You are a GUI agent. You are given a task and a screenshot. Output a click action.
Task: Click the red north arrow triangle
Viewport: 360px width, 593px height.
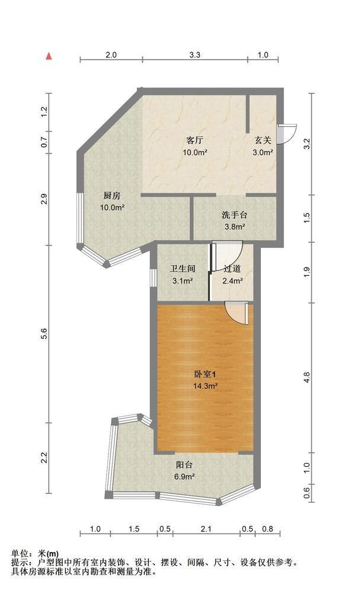click(x=49, y=56)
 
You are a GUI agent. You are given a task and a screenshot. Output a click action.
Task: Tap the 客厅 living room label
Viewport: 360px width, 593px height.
click(x=195, y=141)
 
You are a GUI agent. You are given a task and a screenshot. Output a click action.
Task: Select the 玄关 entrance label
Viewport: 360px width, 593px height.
click(x=263, y=141)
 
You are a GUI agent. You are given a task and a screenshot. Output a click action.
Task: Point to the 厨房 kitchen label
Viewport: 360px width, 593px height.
click(x=112, y=196)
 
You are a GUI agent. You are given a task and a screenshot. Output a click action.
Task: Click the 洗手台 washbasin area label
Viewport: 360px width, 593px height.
click(x=234, y=215)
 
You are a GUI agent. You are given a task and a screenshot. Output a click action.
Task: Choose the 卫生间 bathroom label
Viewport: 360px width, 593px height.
click(x=183, y=269)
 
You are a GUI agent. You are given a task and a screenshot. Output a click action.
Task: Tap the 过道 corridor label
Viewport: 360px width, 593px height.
click(x=232, y=269)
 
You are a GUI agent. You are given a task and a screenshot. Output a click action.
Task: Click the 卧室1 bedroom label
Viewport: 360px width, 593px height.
click(x=205, y=374)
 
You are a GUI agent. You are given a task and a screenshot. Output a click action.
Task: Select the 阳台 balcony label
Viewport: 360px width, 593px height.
click(x=184, y=465)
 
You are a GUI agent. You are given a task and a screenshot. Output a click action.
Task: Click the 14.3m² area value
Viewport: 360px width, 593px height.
click(x=205, y=386)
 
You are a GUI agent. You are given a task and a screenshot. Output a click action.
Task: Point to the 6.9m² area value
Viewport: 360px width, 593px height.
click(x=184, y=477)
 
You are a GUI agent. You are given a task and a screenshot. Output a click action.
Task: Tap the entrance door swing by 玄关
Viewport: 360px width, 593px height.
click(x=286, y=134)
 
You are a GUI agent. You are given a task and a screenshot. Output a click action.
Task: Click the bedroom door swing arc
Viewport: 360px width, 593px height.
click(x=237, y=313)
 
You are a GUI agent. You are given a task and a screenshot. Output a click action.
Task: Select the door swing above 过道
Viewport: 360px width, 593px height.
click(x=227, y=256)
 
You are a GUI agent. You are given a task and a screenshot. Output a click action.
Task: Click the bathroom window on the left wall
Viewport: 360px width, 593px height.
click(x=152, y=278)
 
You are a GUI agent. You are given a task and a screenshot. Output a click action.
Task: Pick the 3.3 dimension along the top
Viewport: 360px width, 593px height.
click(x=195, y=55)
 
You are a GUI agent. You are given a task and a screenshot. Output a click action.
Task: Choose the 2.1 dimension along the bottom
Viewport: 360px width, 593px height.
click(x=206, y=529)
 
